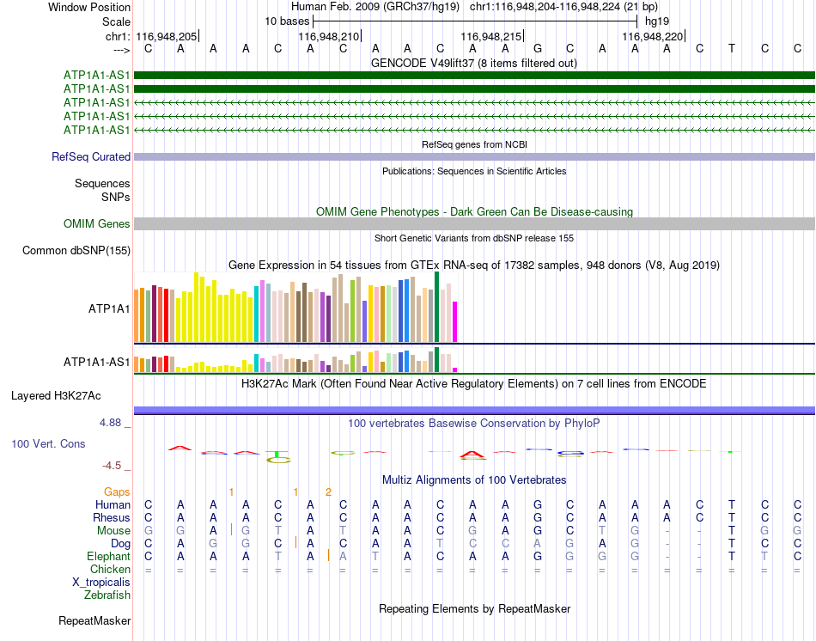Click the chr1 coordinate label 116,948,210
[328, 36]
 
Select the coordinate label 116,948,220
[652, 36]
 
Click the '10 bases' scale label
[287, 21]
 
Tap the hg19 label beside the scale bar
[657, 21]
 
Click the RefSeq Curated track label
[91, 156]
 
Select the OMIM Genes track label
[97, 224]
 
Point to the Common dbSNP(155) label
[76, 250]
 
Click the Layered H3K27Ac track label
[56, 396]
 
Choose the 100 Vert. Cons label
[48, 443]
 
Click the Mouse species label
[113, 531]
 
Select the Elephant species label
[108, 557]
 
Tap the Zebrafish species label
[107, 595]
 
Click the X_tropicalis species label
[101, 583]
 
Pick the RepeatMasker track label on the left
[94, 620]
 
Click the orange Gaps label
[117, 492]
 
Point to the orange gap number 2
[328, 492]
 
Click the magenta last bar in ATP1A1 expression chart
[455, 322]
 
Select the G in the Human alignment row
[538, 504]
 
